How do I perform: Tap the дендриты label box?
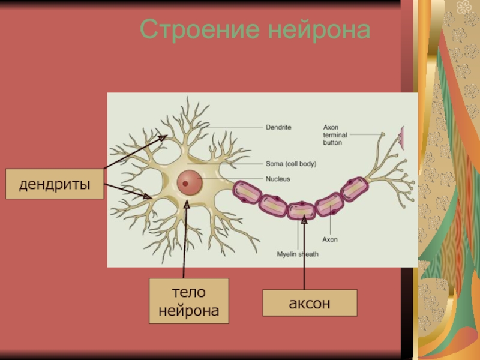point(55,184)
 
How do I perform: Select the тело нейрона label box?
point(189,301)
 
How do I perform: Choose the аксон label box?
point(310,304)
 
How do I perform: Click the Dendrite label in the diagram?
point(278,127)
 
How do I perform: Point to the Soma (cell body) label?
point(290,163)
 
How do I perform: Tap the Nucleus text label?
point(278,179)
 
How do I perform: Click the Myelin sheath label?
point(298,254)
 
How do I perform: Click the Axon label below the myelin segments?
point(330,239)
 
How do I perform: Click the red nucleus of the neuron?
point(189,181)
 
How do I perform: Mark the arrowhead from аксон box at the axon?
point(304,220)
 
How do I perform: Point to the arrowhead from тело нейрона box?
point(187,205)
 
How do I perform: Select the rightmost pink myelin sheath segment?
point(353,190)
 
